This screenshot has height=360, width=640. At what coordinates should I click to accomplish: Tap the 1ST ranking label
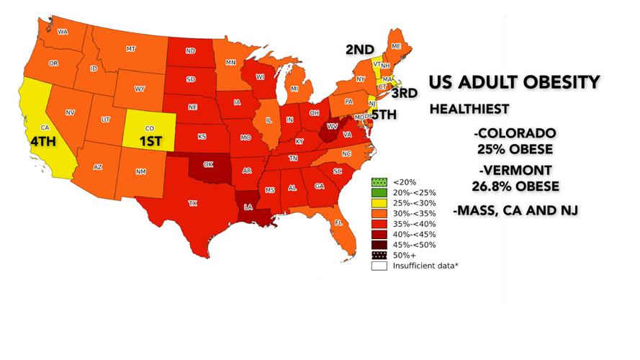click(150, 141)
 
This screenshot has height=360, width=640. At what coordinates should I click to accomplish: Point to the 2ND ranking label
click(359, 50)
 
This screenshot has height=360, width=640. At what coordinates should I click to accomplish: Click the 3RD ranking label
click(404, 93)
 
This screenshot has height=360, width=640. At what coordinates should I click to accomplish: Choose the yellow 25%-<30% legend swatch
click(378, 203)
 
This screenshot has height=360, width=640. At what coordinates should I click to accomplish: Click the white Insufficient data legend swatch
click(378, 266)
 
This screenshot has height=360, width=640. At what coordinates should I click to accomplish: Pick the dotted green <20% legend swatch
click(378, 182)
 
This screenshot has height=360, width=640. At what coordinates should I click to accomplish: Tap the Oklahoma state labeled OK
click(208, 164)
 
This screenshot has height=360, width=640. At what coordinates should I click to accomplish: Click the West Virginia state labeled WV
click(332, 126)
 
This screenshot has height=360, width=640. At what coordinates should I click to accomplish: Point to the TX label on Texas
click(192, 204)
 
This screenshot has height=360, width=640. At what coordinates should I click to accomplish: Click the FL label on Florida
click(338, 223)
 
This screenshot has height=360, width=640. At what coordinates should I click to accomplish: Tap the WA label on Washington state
click(62, 32)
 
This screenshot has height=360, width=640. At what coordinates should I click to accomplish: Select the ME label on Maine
click(396, 46)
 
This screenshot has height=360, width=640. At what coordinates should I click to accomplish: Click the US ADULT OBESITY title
click(514, 82)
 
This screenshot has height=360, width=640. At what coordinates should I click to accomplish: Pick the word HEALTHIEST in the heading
click(469, 109)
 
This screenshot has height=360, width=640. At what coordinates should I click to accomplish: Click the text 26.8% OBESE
click(515, 186)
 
